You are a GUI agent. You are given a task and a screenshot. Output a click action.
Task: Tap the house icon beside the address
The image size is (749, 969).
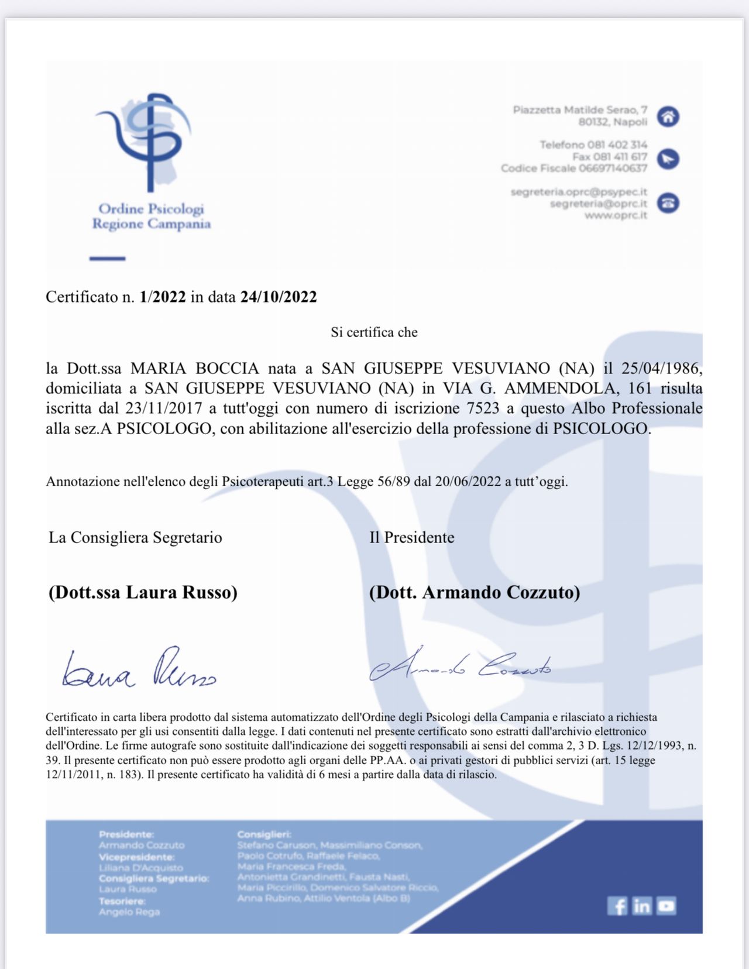click(x=668, y=116)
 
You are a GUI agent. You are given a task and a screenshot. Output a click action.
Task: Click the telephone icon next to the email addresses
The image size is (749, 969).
click(x=668, y=203)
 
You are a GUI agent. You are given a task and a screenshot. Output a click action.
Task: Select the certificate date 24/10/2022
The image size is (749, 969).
click(x=279, y=297)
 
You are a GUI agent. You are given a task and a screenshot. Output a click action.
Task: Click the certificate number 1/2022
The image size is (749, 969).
click(x=163, y=297)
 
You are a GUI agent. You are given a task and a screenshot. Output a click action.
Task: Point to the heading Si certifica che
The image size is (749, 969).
click(x=374, y=332)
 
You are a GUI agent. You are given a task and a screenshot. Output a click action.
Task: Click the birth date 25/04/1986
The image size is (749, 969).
click(x=661, y=368)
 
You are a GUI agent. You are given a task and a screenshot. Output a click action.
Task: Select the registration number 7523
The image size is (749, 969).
click(x=483, y=408)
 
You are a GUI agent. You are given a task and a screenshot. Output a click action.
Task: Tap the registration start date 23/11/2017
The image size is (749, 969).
click(x=164, y=408)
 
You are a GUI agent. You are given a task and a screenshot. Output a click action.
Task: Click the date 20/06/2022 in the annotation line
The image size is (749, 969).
click(x=468, y=482)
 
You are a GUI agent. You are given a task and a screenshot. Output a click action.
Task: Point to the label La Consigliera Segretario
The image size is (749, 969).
click(x=135, y=537)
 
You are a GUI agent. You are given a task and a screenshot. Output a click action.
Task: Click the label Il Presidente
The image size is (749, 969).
click(x=411, y=537)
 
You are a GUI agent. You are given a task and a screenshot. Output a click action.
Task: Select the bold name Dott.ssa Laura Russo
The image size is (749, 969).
click(x=143, y=592)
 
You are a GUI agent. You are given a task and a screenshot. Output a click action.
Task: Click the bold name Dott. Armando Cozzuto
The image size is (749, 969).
click(x=475, y=592)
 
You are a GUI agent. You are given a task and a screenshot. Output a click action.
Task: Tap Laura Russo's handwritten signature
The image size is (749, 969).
click(x=139, y=670)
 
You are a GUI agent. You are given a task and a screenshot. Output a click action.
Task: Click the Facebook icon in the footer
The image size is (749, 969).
click(x=617, y=906)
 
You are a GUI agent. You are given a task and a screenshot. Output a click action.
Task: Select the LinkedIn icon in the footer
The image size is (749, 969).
click(x=641, y=906)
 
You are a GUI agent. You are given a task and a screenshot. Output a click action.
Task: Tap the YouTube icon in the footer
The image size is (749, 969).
click(x=666, y=906)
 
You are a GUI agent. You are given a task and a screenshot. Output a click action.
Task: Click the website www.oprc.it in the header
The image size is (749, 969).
click(x=616, y=215)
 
